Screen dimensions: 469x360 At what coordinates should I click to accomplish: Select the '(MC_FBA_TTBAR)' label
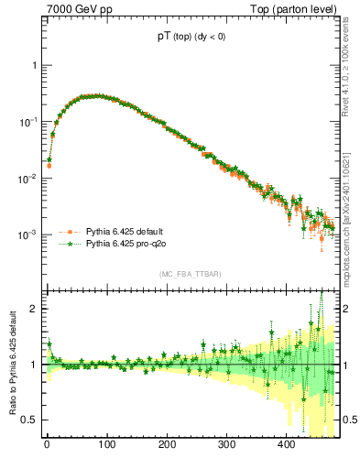coord(190,275)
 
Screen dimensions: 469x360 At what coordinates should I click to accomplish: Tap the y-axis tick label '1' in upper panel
coord(34,66)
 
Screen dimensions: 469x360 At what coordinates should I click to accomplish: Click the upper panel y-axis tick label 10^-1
coord(29,122)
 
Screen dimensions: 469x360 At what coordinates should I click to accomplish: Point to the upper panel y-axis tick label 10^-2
coord(29,179)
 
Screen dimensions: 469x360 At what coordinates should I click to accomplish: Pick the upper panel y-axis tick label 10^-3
coord(29,235)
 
